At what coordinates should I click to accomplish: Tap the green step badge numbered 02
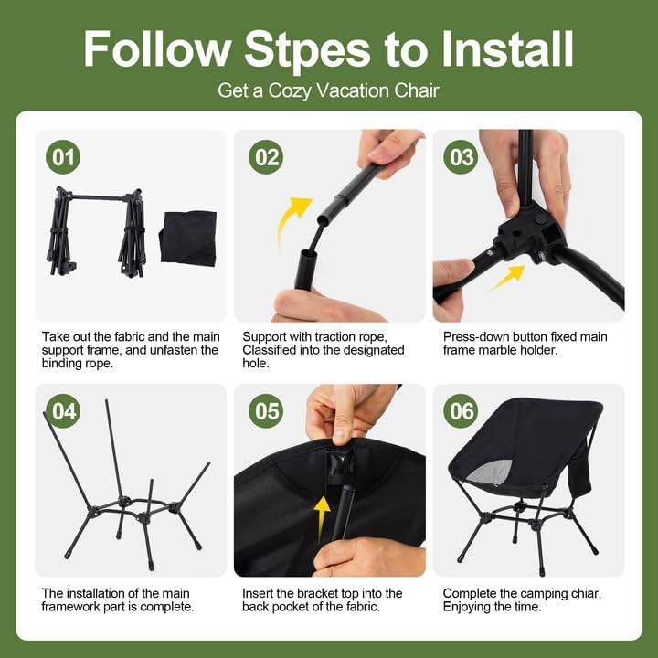pos(267,157)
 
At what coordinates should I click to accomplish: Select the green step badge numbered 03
pos(461,157)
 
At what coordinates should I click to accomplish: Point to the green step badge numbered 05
pos(267,411)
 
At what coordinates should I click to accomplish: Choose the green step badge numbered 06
pos(461,411)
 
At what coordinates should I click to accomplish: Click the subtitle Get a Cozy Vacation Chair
pos(328,90)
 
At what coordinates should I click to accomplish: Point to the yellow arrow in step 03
pos(507,277)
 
